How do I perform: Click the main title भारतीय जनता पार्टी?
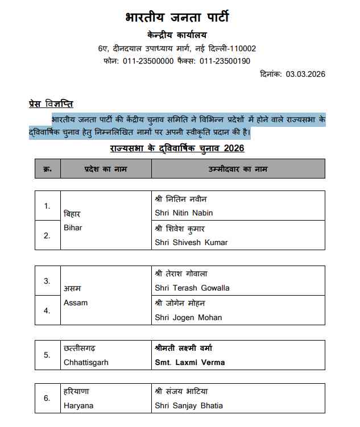point(177,18)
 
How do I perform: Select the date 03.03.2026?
point(305,74)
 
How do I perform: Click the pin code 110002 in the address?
point(241,48)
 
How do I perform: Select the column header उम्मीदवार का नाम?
point(237,169)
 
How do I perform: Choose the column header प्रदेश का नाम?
point(106,169)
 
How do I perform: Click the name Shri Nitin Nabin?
point(184,213)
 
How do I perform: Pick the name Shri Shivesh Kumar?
point(191,242)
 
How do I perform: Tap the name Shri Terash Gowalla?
point(192,288)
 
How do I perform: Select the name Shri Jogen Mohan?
point(188,317)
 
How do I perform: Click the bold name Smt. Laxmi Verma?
point(190,362)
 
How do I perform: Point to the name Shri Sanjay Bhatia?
point(189,405)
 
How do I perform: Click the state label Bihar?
point(73,227)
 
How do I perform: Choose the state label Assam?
point(75,302)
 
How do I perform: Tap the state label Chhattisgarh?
point(86,362)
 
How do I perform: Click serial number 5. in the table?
point(47,355)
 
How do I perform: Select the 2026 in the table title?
point(234,148)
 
